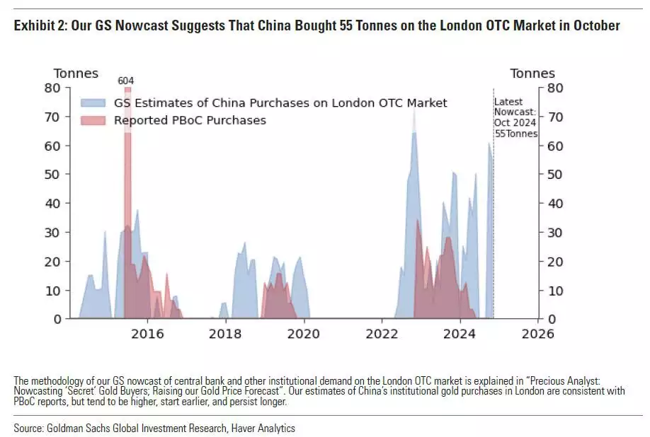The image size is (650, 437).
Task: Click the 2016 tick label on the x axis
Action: pos(147,334)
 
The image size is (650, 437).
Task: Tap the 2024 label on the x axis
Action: pos(459,334)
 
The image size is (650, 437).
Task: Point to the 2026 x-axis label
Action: pos(537,334)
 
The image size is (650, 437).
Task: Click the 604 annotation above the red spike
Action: pos(125,81)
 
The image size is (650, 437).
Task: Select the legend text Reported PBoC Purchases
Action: pos(190,120)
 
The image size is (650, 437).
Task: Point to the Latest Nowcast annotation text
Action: pos(515,117)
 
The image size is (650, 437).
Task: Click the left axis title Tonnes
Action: pos(76,74)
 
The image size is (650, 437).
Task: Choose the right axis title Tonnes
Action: pos(532,74)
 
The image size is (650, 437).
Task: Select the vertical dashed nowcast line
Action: pos(494,212)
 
